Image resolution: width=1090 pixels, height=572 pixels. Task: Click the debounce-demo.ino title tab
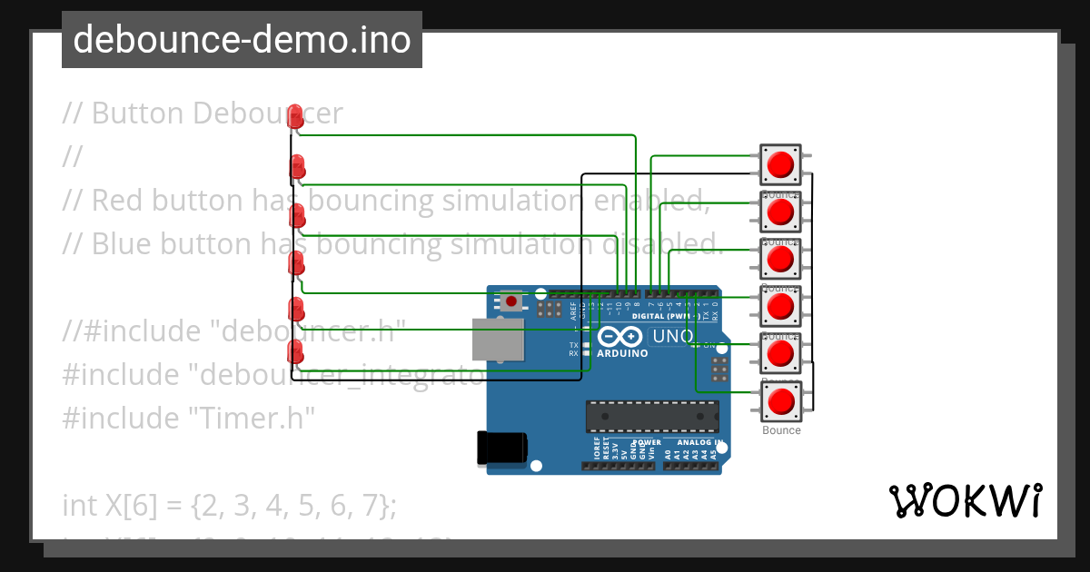tap(242, 40)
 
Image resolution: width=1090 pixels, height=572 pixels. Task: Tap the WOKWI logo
tap(965, 500)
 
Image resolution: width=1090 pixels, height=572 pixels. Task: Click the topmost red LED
tap(295, 116)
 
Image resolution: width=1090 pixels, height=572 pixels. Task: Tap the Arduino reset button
tap(512, 301)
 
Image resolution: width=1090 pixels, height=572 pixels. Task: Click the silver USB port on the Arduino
tap(498, 339)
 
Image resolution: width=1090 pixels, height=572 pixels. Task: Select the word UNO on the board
tap(673, 337)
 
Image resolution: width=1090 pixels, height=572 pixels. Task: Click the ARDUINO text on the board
tap(622, 353)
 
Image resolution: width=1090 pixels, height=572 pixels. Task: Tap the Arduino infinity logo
tap(621, 337)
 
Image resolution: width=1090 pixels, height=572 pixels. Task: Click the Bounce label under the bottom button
tap(781, 430)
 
